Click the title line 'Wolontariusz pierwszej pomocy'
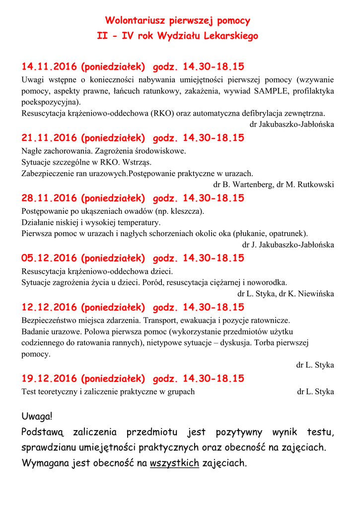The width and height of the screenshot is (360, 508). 177,21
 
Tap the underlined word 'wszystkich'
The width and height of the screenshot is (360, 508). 174,464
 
